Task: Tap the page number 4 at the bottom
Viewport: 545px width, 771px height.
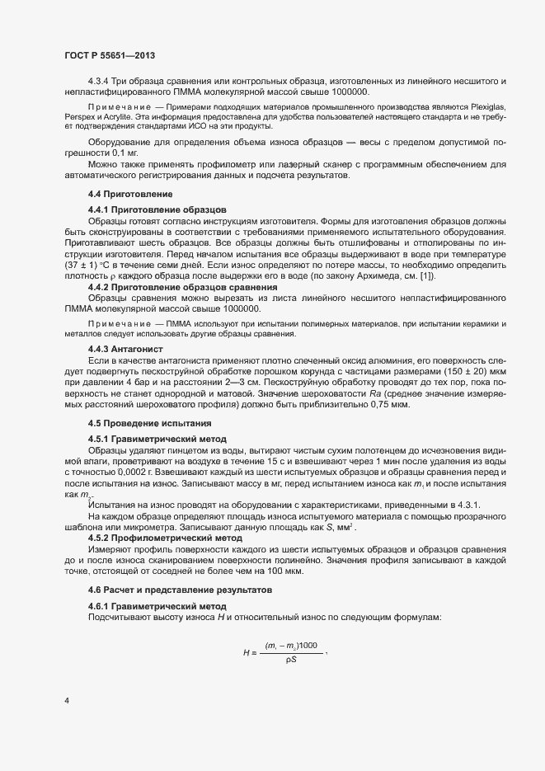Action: [65, 701]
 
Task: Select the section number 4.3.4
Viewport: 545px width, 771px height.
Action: [99, 79]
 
